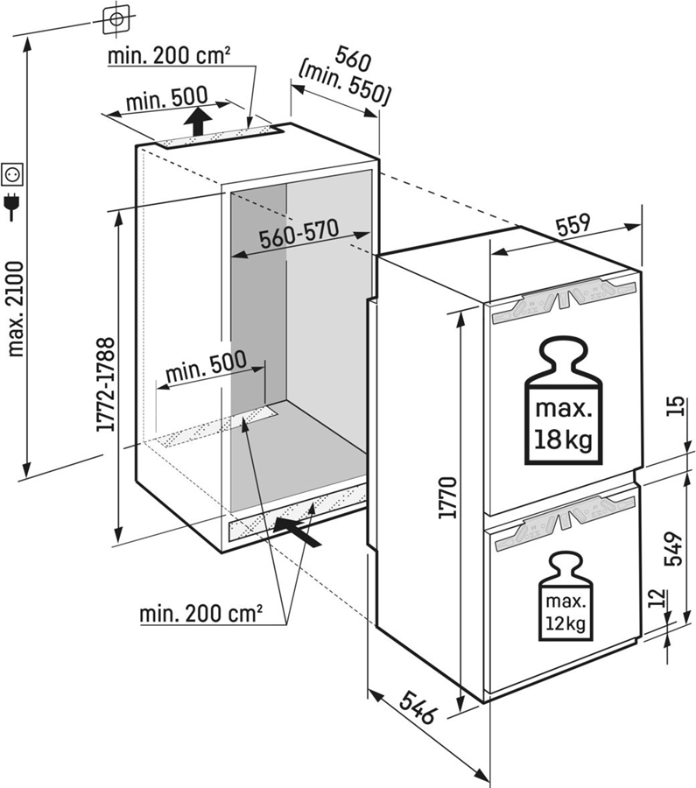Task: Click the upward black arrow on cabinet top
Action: coord(201,120)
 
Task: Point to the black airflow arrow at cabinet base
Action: coord(294,529)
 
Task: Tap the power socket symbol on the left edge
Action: coord(13,175)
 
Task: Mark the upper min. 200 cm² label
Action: coord(169,56)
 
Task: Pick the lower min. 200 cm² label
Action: coord(201,614)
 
